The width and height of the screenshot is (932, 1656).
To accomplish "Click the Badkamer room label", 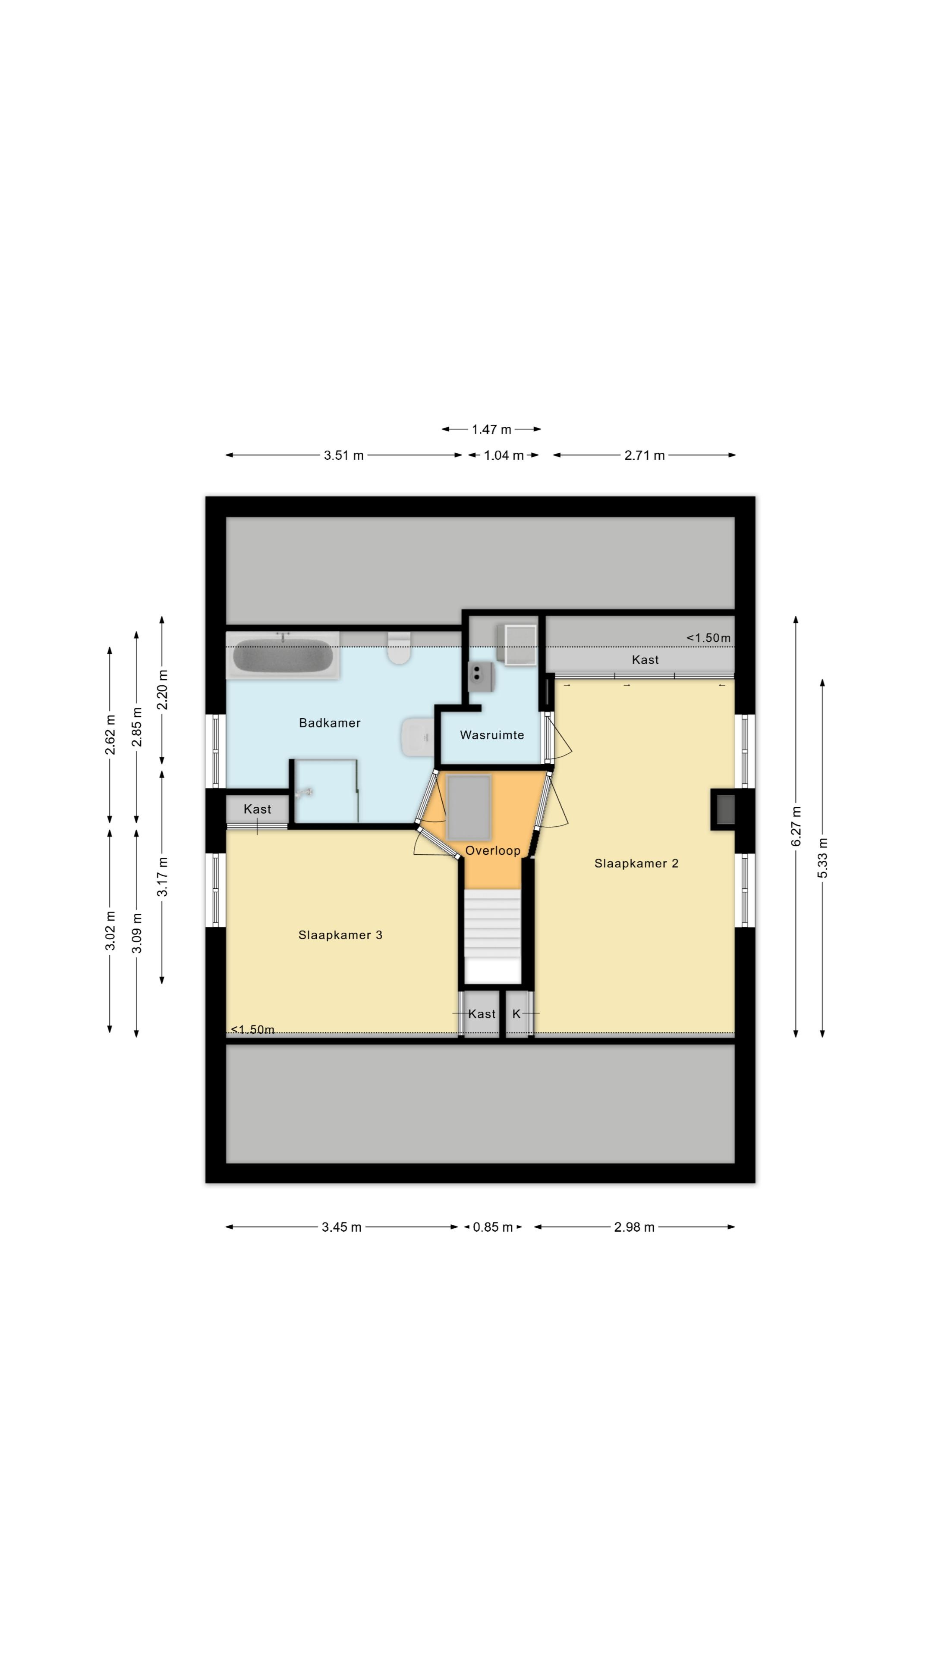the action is point(329,723).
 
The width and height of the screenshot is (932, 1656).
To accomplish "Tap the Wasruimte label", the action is point(491,735).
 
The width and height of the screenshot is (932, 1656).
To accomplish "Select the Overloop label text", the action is point(493,850).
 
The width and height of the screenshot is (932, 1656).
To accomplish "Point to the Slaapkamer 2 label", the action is point(636,863).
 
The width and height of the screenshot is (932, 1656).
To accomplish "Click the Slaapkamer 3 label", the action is point(340,935).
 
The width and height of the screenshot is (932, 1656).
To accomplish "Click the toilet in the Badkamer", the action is point(400,648).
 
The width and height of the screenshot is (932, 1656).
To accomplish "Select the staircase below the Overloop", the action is point(493,936).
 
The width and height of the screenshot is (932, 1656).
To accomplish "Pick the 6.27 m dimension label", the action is point(796,826).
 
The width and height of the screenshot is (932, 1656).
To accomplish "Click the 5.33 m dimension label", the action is point(823,858).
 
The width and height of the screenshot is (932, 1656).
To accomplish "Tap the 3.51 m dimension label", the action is point(343,455).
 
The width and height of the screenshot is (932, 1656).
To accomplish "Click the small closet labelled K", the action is point(516,1014).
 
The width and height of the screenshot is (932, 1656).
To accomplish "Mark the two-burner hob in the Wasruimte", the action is point(481,676).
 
